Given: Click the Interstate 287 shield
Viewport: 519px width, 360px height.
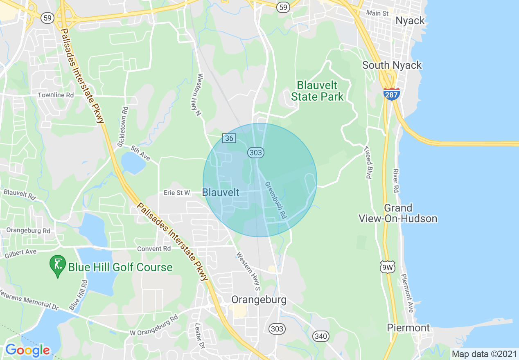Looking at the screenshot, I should click(x=392, y=94).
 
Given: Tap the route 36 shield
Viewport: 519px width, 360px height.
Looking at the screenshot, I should click(x=229, y=138).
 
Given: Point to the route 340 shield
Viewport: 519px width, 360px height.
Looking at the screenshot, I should click(x=320, y=336).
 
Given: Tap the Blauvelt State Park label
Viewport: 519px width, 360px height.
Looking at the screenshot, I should click(x=317, y=91).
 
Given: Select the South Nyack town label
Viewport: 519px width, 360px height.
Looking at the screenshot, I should click(x=392, y=65).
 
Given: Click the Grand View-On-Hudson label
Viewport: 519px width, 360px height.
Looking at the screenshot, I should click(x=398, y=213).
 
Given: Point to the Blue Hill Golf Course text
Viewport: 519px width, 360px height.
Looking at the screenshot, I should click(x=120, y=268).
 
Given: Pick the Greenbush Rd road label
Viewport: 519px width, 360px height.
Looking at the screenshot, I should click(x=275, y=200).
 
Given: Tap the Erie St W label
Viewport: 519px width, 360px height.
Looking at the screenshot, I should click(x=177, y=192).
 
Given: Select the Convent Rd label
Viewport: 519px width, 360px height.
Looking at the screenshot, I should click(x=154, y=249).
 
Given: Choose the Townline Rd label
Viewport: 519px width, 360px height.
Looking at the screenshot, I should click(x=56, y=95).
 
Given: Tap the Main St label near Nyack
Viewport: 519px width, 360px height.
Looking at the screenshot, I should click(x=377, y=13).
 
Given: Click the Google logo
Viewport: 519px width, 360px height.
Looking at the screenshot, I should click(x=27, y=351).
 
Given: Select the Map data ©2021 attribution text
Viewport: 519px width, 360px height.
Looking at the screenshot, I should click(x=483, y=353).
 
